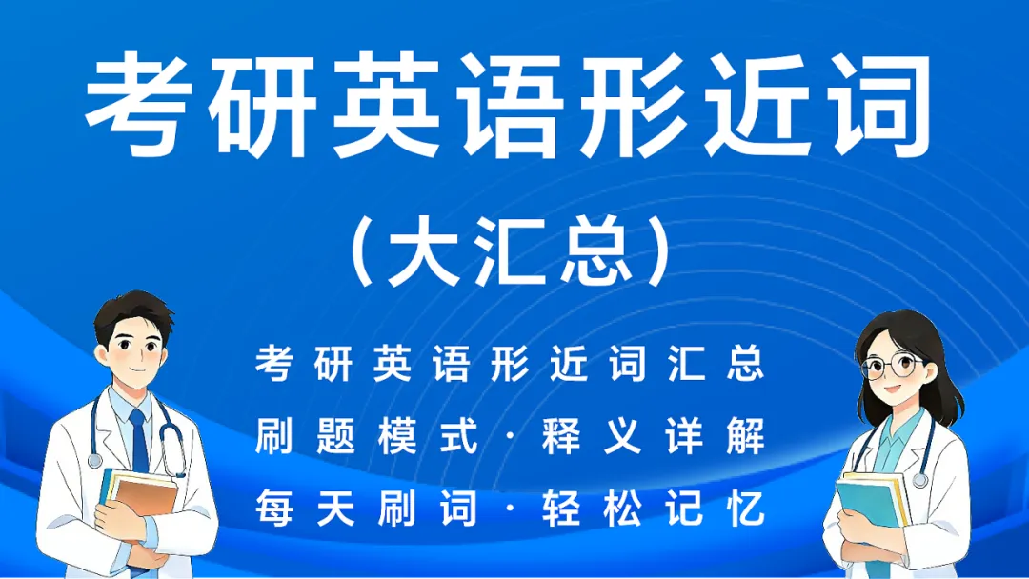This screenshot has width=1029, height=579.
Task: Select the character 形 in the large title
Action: click(x=642, y=105)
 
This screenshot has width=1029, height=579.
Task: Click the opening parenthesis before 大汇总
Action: click(x=363, y=254)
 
